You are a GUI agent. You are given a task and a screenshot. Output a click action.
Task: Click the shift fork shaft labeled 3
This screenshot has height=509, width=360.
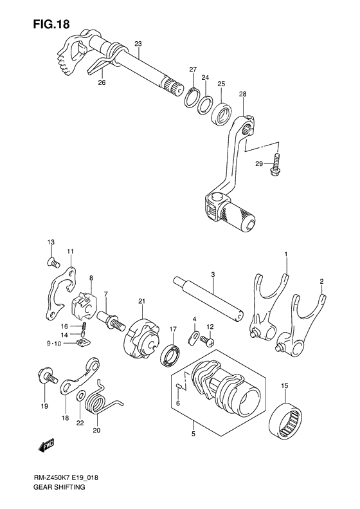click(210, 299)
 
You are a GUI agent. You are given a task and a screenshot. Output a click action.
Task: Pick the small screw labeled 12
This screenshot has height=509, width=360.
click(207, 342)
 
